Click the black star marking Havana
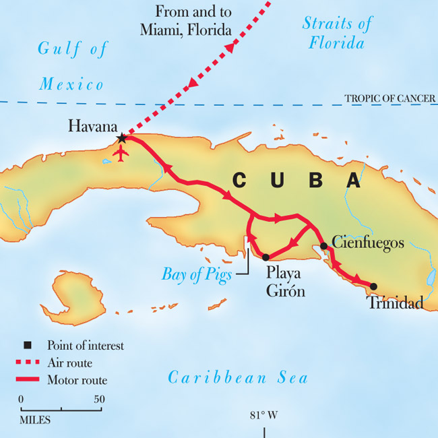(121, 138)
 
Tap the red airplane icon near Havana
(121, 154)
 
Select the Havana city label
(93, 126)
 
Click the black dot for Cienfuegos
(324, 246)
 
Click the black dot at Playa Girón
(265, 257)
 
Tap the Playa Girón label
(286, 282)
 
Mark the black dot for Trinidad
(373, 286)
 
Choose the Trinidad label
(396, 303)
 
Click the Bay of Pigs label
(197, 275)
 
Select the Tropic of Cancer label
(389, 99)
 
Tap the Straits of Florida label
(337, 34)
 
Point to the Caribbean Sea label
(237, 377)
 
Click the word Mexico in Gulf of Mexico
(71, 84)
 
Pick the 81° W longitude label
(264, 415)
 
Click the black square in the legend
(28, 346)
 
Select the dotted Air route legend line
(28, 363)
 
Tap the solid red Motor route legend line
(28, 380)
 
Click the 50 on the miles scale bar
(99, 399)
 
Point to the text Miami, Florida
(186, 30)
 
